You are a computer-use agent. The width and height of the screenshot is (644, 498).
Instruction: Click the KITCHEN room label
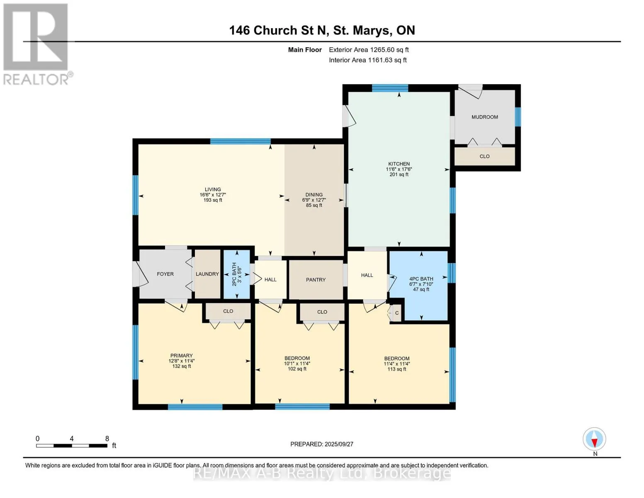click(x=399, y=164)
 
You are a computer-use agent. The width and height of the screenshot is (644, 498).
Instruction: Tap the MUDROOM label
click(x=485, y=117)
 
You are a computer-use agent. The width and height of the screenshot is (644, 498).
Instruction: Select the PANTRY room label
click(x=316, y=280)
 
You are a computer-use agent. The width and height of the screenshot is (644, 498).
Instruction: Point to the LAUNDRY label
click(x=207, y=274)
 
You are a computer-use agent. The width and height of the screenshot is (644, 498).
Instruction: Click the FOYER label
click(x=165, y=274)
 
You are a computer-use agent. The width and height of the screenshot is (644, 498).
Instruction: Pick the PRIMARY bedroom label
click(x=181, y=355)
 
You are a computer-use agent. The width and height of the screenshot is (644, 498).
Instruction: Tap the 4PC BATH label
click(x=421, y=279)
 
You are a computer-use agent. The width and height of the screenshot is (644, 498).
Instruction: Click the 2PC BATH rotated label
click(x=234, y=274)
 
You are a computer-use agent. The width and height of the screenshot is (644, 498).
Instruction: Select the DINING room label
click(x=314, y=195)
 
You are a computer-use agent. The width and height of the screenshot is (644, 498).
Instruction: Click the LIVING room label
click(x=213, y=189)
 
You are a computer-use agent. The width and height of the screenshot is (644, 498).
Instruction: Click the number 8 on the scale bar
click(x=107, y=438)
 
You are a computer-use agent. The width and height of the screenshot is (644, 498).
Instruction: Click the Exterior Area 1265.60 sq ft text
click(x=369, y=50)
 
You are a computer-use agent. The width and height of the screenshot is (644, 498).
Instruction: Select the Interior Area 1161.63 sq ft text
click(x=367, y=60)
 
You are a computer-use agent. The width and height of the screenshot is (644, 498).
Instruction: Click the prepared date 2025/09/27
click(x=339, y=444)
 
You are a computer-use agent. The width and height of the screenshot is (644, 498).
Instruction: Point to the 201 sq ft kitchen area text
click(x=399, y=174)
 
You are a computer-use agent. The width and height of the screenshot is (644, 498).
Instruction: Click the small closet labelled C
click(x=397, y=313)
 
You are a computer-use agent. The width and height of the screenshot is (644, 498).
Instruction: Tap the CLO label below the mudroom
click(x=485, y=156)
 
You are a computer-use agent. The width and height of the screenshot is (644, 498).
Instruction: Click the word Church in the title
click(x=275, y=30)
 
